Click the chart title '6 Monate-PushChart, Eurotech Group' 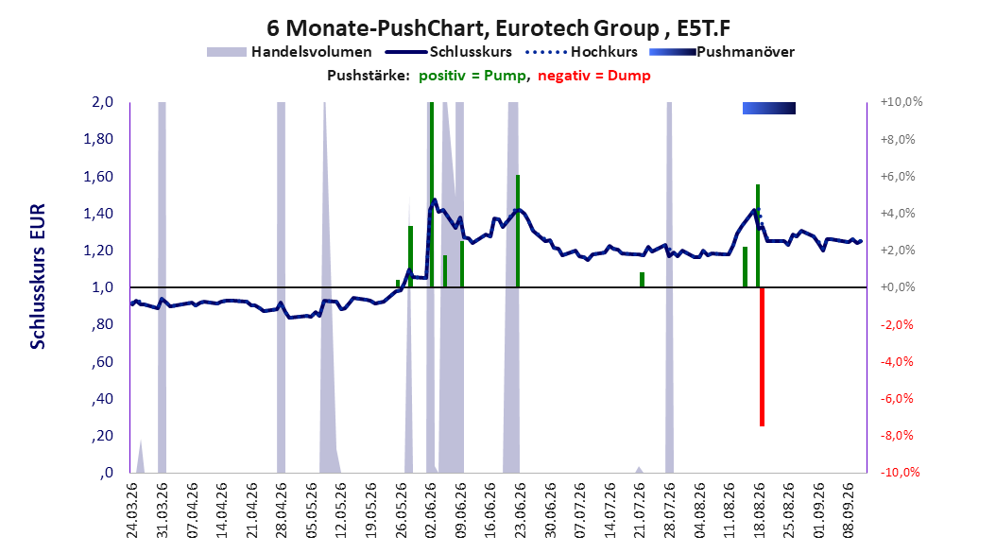(462, 28)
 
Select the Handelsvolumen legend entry (289, 52)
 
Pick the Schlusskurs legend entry (449, 52)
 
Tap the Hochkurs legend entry (582, 52)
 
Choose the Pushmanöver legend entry (722, 52)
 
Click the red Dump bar (762, 356)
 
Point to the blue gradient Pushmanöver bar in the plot (768, 108)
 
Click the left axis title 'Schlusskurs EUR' (38, 276)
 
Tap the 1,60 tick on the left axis (98, 176)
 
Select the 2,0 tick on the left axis (102, 102)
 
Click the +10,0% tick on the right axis (902, 102)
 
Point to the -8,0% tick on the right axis (897, 436)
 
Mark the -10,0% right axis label (900, 473)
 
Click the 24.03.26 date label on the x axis (132, 511)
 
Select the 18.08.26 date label (759, 511)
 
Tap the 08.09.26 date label (849, 511)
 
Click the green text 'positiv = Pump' (472, 76)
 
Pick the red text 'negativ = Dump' (594, 76)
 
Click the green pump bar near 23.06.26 (518, 231)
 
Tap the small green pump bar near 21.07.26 (643, 280)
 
